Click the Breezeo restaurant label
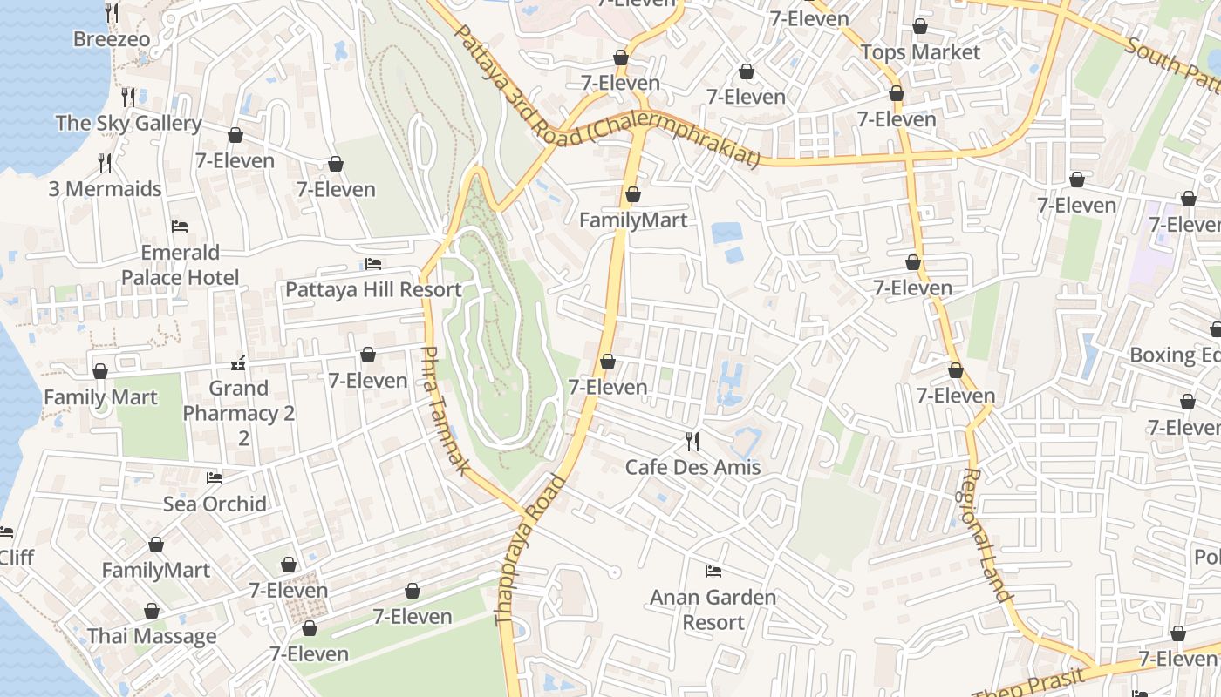coord(112,39)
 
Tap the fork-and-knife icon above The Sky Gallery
coord(128,96)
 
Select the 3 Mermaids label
coord(105,189)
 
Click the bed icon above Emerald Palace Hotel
coord(180,227)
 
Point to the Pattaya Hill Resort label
coord(373,290)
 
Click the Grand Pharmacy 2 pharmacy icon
coord(238,362)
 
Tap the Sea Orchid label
coord(215,504)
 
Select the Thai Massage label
coord(152,637)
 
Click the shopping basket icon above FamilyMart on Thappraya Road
coord(633,194)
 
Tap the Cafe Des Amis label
coord(692,468)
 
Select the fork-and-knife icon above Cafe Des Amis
coord(692,442)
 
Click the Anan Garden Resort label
coord(713,610)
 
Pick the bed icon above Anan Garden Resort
coord(713,572)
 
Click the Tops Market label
coord(920,52)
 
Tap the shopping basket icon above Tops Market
coord(920,27)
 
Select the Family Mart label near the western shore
coord(100,398)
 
